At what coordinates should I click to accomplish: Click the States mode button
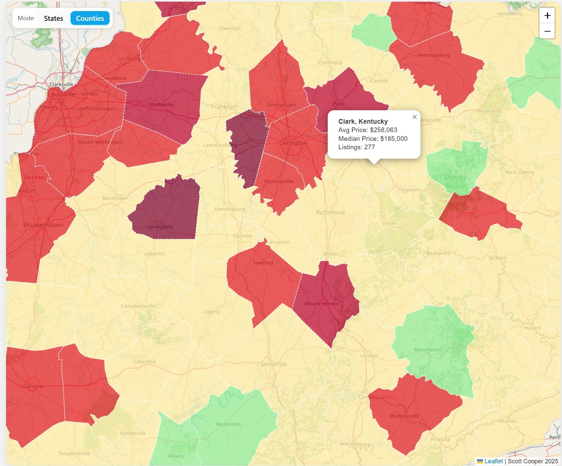tap(53, 18)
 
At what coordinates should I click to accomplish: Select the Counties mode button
tap(90, 18)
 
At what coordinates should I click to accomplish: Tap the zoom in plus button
tap(547, 15)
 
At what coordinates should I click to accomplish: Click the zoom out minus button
tap(547, 31)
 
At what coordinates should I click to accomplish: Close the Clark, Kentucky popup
tap(414, 117)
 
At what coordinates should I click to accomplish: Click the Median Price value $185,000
tap(394, 139)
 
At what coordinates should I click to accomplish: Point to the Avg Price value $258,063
tap(383, 130)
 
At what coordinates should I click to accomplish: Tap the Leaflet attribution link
tap(493, 461)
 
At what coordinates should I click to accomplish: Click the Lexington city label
tap(293, 143)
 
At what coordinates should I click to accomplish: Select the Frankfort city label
tap(224, 107)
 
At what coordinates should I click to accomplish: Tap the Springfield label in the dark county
tap(160, 227)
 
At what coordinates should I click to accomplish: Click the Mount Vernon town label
tap(322, 304)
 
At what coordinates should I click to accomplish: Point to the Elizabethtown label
tap(43, 225)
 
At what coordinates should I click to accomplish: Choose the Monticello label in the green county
tap(229, 424)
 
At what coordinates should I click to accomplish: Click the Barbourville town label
tap(405, 416)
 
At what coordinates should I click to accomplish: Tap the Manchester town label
tap(428, 350)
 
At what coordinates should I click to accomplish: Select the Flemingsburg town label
tap(433, 55)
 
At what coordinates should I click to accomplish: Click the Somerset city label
tap(274, 364)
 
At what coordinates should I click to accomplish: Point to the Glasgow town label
tap(33, 386)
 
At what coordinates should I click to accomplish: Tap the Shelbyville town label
tap(161, 105)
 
